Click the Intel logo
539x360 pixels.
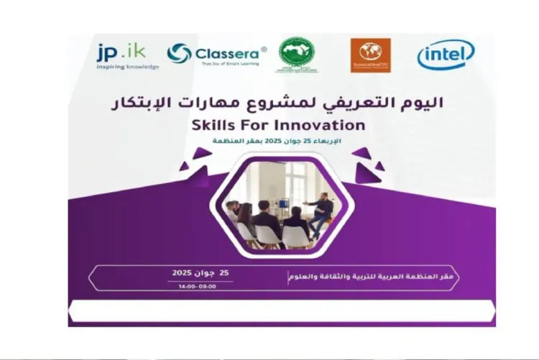point(446,55)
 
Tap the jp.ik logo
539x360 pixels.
point(121,51)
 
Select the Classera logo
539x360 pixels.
point(217,53)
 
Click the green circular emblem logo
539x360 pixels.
point(296,53)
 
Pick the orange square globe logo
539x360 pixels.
point(370,55)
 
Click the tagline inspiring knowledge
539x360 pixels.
point(127,66)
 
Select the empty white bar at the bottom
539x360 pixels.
point(281,311)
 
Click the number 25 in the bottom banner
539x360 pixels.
point(225,272)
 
